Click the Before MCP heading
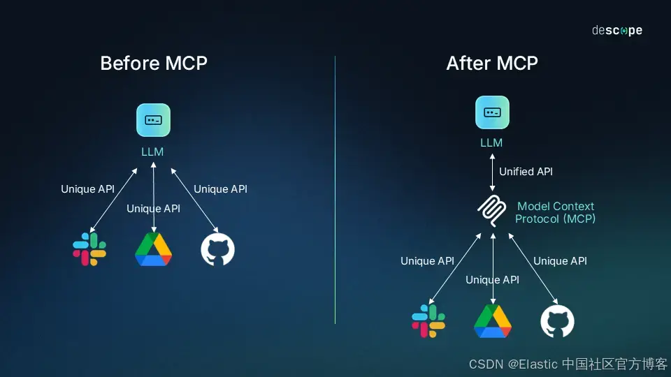[x=154, y=64]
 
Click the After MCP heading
[x=492, y=64]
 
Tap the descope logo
[x=616, y=31]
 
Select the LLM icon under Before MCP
[x=153, y=120]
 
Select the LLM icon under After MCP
[x=492, y=113]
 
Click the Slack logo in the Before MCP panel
[x=89, y=249]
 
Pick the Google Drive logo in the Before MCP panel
[x=153, y=249]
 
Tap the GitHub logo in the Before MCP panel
[x=218, y=249]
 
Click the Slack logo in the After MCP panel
[x=428, y=321]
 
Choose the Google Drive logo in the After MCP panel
[x=493, y=321]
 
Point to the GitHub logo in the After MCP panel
[x=557, y=321]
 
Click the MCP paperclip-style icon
[x=492, y=212]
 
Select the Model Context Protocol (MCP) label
[x=556, y=212]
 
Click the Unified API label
[x=526, y=172]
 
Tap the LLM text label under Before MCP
[x=152, y=151]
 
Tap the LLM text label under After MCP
[x=491, y=143]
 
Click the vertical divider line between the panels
[x=335, y=188]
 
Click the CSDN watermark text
[x=568, y=364]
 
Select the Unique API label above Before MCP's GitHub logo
[x=220, y=189]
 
